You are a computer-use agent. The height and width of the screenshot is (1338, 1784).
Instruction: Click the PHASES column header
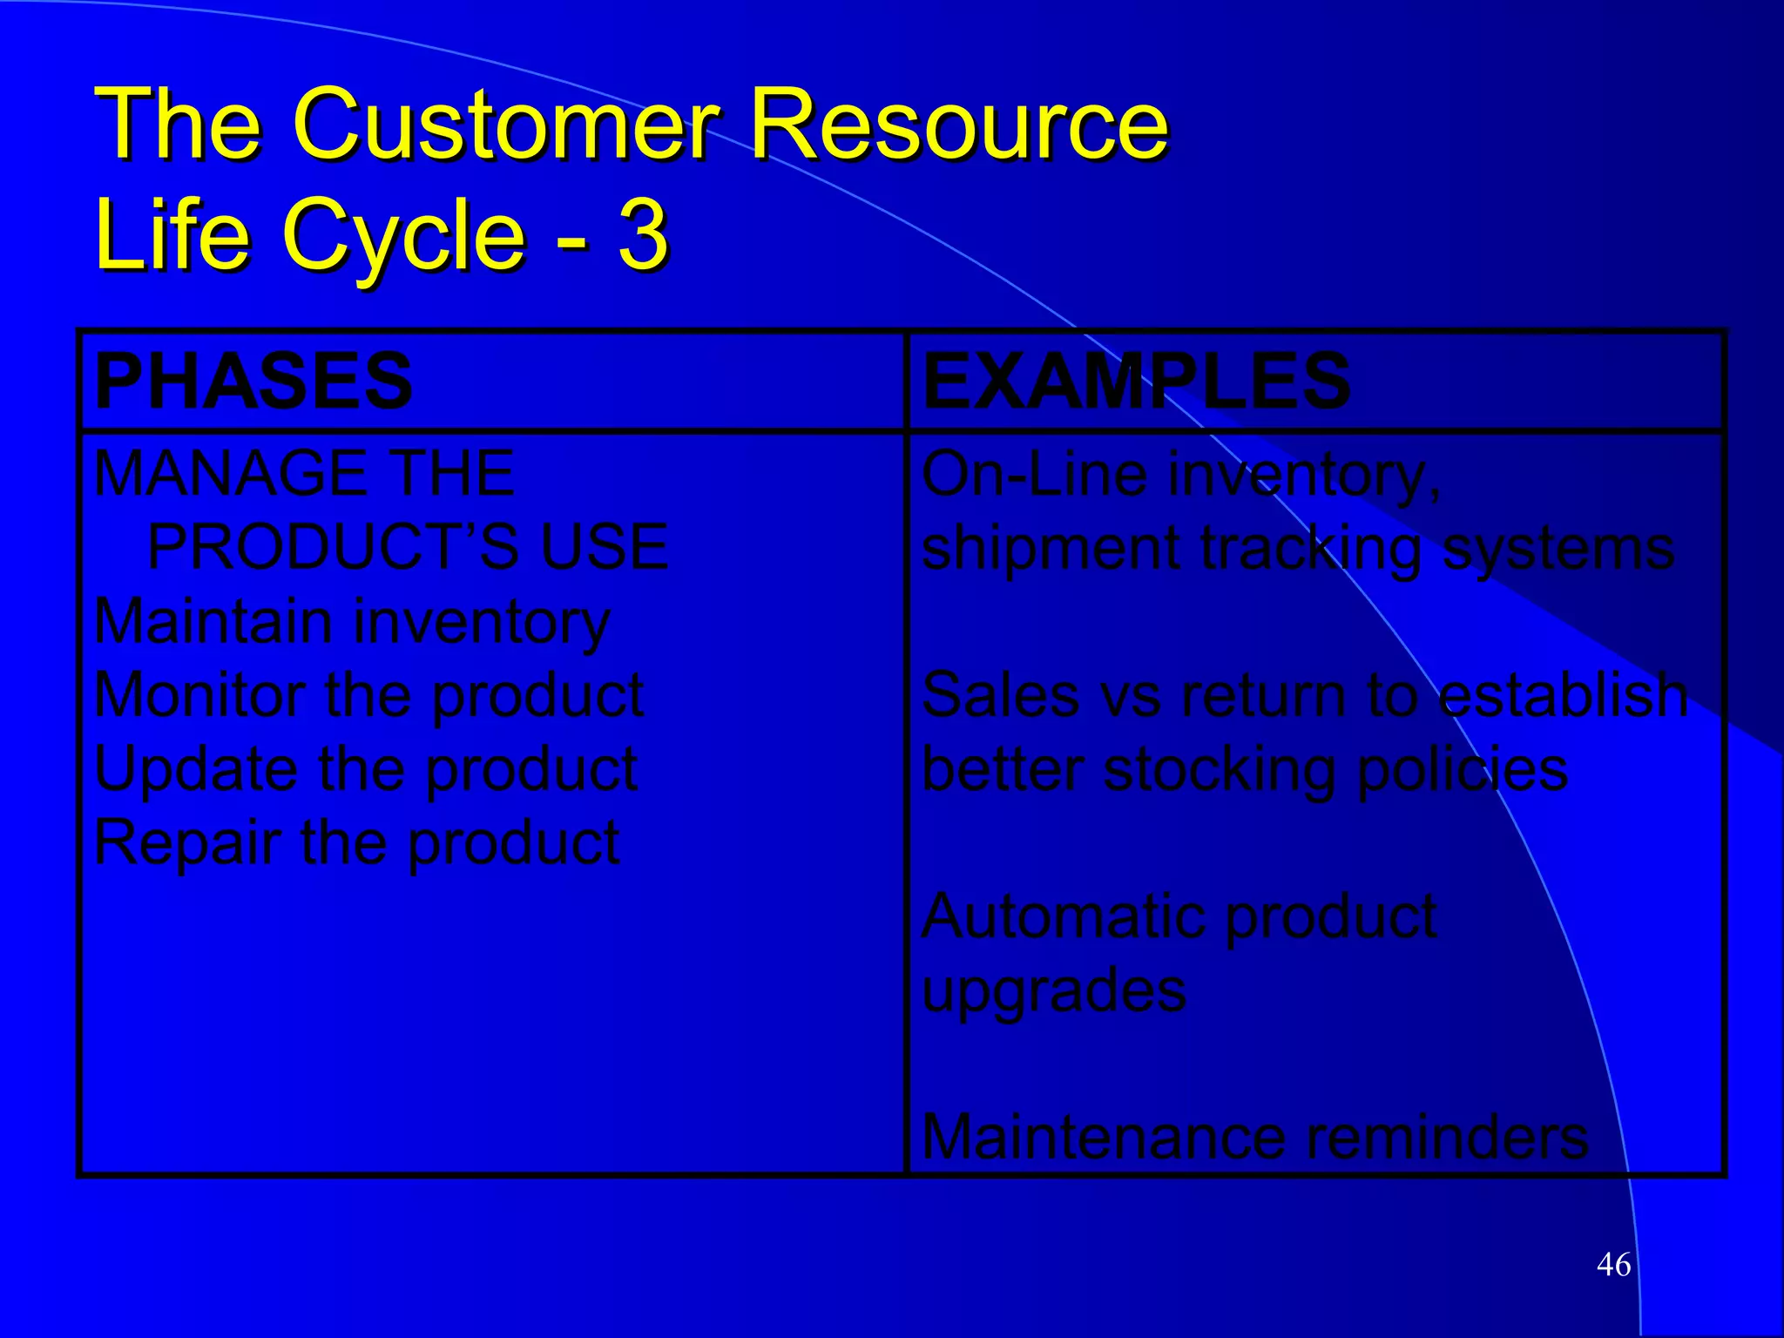coord(253,381)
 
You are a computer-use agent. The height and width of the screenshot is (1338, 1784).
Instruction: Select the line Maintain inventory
coord(352,622)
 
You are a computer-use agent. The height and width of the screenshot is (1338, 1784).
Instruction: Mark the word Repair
coord(187,843)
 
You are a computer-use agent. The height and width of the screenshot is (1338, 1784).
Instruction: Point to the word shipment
coord(1051,549)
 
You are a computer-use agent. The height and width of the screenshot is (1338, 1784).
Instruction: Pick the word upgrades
coord(1054,991)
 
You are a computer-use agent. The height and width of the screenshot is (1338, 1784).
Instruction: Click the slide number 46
coord(1613,1264)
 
